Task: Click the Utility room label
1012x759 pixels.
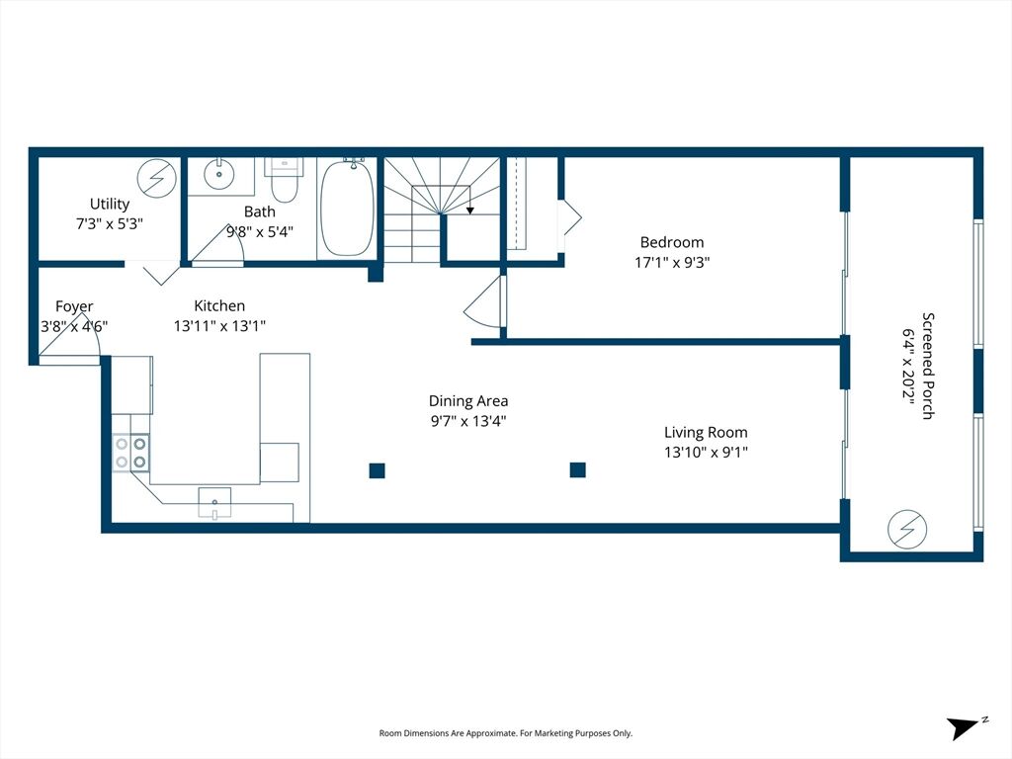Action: [x=110, y=204]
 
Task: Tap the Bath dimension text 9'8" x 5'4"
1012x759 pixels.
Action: [x=260, y=231]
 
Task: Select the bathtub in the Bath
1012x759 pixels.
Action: [x=347, y=208]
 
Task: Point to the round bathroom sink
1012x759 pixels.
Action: [x=220, y=174]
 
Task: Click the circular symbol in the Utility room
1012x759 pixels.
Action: [x=157, y=178]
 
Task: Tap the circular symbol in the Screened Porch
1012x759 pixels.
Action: [x=907, y=530]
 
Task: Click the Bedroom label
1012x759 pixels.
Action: [x=672, y=243]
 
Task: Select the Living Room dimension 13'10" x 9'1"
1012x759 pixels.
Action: [x=706, y=453]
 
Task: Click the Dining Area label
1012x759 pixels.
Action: [x=468, y=401]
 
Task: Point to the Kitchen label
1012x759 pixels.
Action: [x=219, y=306]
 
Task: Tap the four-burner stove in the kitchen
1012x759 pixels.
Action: [x=131, y=453]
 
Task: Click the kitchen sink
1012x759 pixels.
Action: [x=214, y=503]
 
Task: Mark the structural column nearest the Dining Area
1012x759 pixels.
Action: [x=378, y=470]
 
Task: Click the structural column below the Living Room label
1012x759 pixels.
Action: [x=577, y=469]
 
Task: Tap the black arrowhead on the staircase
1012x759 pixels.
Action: [x=470, y=211]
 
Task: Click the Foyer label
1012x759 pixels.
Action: [x=74, y=306]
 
